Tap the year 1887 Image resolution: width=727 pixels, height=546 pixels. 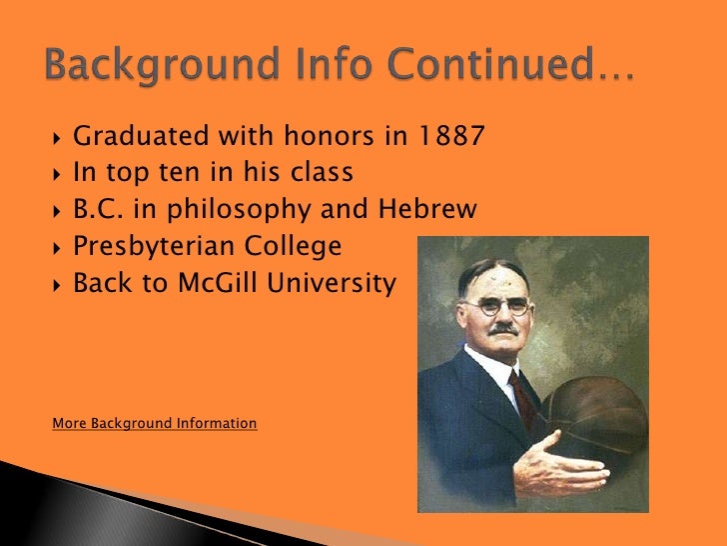point(450,136)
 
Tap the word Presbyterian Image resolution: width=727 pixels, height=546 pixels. point(155,246)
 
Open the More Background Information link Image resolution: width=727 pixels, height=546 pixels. point(154,424)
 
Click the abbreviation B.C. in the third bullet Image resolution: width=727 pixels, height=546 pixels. point(96,210)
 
